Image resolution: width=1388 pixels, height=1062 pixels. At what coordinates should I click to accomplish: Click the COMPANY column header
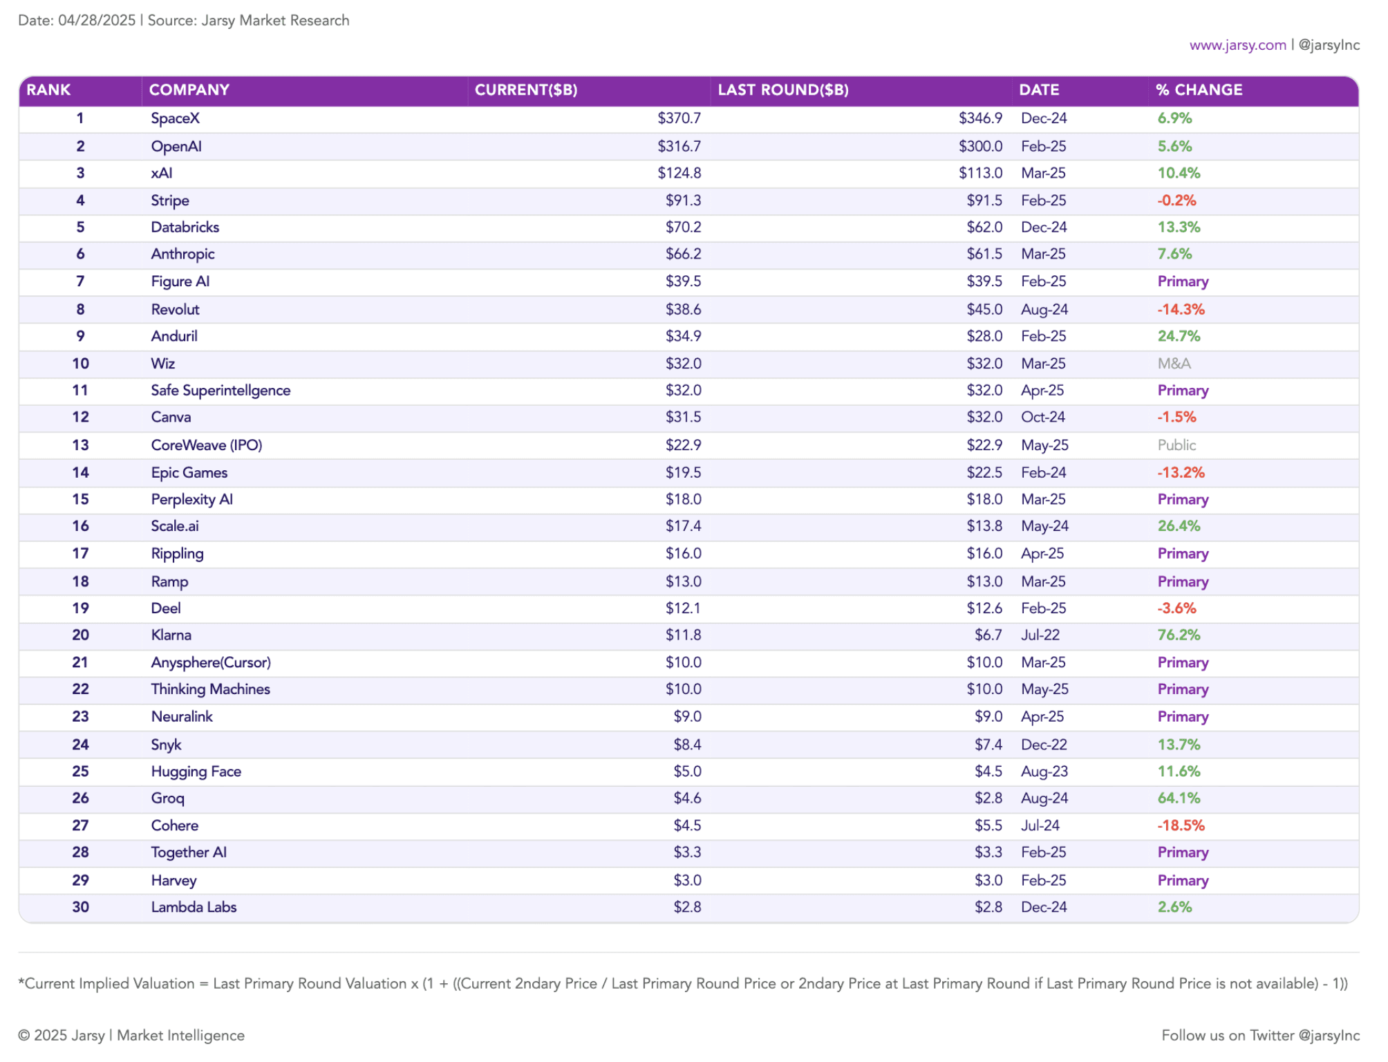[x=189, y=90]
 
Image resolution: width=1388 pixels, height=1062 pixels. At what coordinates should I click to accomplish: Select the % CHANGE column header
[x=1199, y=90]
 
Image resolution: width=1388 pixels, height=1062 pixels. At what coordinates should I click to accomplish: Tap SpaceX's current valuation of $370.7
[x=679, y=118]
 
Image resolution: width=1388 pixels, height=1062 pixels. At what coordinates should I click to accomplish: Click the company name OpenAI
[x=176, y=147]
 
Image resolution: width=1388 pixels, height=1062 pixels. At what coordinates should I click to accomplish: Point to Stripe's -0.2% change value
[x=1176, y=201]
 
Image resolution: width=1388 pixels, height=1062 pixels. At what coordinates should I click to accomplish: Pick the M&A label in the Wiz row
[x=1174, y=364]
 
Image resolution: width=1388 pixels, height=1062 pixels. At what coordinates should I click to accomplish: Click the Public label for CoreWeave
[x=1176, y=445]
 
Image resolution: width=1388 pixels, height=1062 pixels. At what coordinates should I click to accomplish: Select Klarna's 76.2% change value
[x=1179, y=635]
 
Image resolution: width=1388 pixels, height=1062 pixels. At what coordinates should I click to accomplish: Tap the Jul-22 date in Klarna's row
[x=1040, y=635]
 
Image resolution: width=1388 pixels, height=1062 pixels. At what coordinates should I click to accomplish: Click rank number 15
[x=80, y=499]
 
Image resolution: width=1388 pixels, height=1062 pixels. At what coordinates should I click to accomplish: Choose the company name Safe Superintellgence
[x=221, y=391]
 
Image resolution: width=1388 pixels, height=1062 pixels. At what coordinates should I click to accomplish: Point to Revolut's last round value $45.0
[x=984, y=309]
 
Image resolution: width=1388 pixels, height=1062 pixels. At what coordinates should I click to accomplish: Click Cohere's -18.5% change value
[x=1181, y=826]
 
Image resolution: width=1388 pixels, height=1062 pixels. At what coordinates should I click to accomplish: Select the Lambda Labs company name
[x=194, y=907]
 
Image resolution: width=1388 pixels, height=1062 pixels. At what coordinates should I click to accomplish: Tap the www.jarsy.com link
[x=1237, y=45]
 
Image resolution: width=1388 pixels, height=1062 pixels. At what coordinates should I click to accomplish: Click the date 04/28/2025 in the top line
[x=97, y=20]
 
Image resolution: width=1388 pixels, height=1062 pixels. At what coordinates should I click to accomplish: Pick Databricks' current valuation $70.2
[x=683, y=227]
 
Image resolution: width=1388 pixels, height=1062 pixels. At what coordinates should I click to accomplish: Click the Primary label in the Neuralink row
[x=1183, y=717]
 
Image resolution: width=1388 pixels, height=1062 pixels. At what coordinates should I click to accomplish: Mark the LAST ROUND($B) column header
[x=783, y=90]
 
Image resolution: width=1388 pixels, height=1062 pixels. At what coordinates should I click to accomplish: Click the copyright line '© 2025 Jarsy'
[x=62, y=1035]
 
